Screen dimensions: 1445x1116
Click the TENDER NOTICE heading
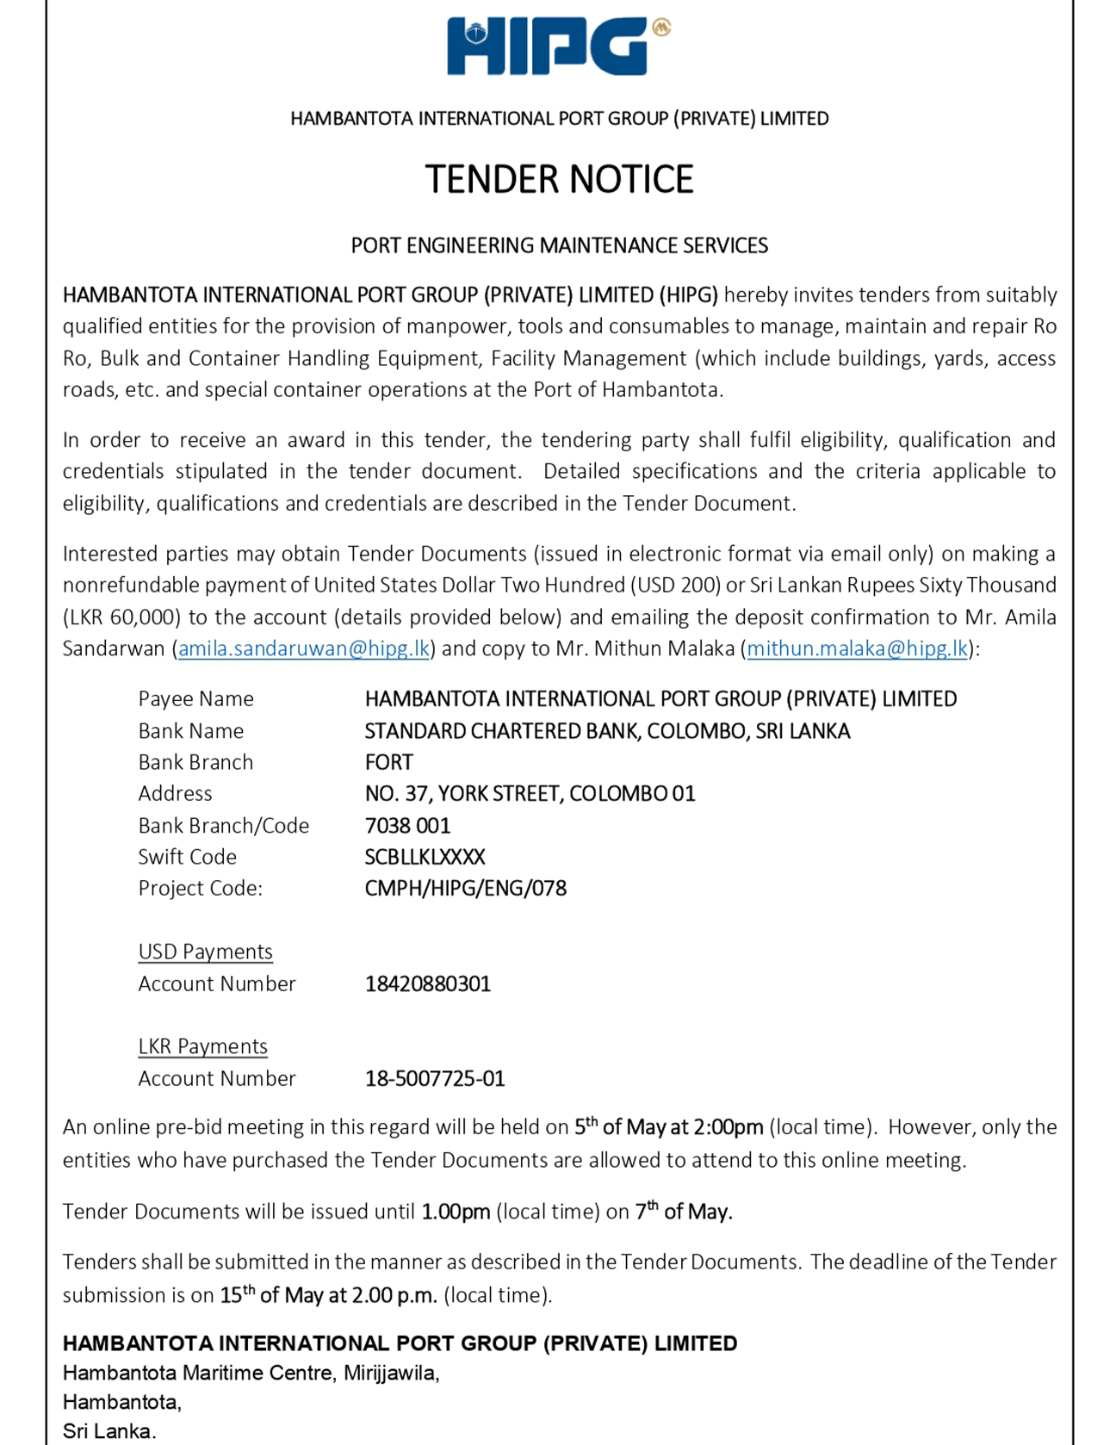pos(559,179)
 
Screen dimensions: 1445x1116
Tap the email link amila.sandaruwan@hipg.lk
pos(303,648)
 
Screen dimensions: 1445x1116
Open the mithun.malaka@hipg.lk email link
pos(857,648)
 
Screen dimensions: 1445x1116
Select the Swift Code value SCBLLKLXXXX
pos(425,857)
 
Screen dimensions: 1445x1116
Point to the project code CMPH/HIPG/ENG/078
pos(465,888)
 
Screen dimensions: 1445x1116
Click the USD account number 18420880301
pos(427,983)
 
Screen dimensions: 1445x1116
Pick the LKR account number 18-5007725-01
pos(434,1078)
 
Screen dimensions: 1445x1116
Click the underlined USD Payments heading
pos(205,952)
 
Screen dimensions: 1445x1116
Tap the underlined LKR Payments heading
pos(202,1046)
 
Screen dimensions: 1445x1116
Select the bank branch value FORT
pos(388,762)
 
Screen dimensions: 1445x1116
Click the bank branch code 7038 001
pos(407,825)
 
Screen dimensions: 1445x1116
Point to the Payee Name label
pos(195,698)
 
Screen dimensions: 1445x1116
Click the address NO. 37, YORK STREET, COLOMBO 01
pos(530,793)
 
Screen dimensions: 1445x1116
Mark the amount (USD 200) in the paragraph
pos(676,586)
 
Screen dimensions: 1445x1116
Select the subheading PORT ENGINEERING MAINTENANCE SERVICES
pos(559,245)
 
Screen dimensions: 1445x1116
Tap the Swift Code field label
pos(187,857)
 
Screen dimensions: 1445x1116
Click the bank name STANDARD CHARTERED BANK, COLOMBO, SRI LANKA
pos(607,731)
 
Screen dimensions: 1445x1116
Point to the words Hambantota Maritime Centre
pos(197,1373)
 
